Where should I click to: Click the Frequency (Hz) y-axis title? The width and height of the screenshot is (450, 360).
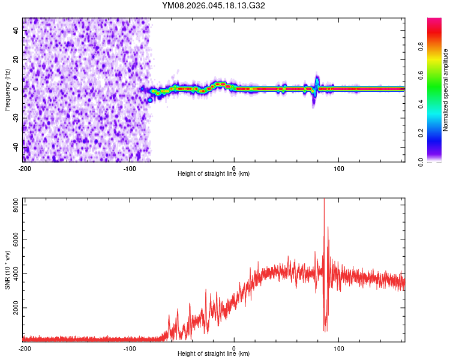click(7, 89)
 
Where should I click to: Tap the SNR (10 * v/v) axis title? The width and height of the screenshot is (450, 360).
click(7, 269)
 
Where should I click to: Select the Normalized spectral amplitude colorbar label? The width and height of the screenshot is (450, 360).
click(446, 90)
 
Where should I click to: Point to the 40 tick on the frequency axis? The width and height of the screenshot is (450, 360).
click(16, 31)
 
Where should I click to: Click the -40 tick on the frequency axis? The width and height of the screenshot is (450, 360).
click(15, 146)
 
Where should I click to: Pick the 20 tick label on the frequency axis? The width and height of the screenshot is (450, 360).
click(16, 60)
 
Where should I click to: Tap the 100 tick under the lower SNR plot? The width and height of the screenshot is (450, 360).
click(338, 348)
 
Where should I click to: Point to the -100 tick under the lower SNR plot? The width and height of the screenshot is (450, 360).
click(129, 348)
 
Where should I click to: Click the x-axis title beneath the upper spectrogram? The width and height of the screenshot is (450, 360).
click(214, 173)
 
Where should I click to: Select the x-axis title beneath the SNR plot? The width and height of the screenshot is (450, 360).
click(214, 354)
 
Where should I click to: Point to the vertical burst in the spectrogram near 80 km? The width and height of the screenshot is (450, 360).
click(316, 89)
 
